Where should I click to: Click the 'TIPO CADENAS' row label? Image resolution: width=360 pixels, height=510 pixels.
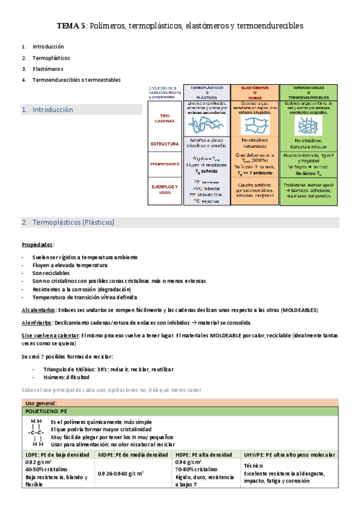165,119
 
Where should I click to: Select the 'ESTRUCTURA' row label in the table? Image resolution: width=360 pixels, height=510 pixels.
165,144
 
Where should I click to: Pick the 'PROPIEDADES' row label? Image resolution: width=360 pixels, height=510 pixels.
165,164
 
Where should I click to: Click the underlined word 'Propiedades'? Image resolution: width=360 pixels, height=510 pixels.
37,245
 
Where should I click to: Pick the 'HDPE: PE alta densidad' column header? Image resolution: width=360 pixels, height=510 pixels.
203,455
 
